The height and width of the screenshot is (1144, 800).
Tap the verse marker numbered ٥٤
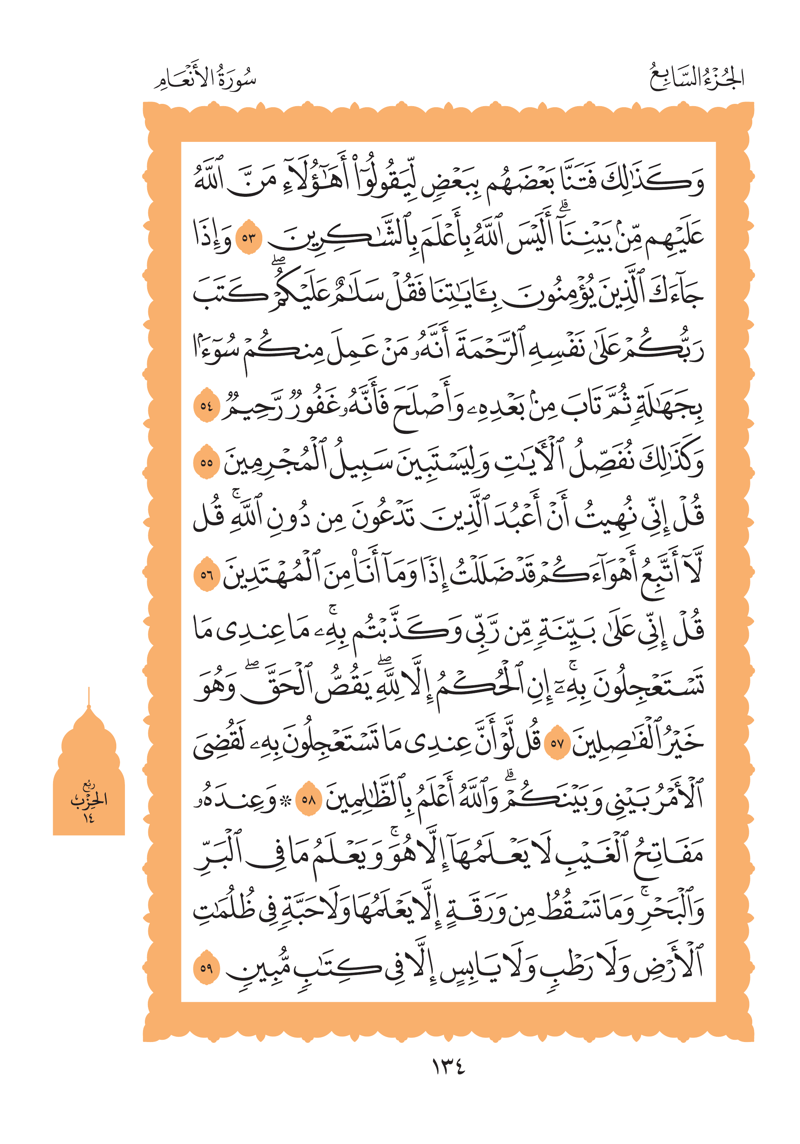[206, 406]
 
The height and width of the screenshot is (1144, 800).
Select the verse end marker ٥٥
[206, 462]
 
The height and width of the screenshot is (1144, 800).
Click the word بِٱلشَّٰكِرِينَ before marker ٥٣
[349, 237]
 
